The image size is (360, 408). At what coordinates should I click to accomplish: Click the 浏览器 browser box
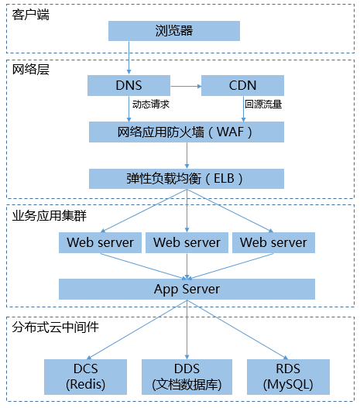click(x=174, y=31)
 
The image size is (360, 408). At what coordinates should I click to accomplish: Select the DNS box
click(x=129, y=86)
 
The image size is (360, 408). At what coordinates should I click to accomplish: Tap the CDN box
click(x=242, y=86)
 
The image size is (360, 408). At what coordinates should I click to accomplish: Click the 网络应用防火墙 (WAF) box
click(x=187, y=132)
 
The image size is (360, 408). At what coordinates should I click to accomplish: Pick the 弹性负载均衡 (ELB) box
click(x=187, y=179)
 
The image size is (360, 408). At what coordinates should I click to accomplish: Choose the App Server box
click(x=187, y=289)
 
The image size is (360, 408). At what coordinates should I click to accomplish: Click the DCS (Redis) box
click(x=86, y=377)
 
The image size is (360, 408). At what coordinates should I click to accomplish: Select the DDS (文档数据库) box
click(x=187, y=377)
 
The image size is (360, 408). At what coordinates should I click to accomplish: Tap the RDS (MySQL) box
click(x=288, y=377)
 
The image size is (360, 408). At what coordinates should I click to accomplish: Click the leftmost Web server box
click(x=100, y=243)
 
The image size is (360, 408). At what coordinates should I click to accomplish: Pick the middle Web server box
click(x=187, y=243)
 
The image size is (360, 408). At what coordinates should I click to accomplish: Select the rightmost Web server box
click(x=273, y=243)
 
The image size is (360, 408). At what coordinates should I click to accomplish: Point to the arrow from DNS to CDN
click(x=186, y=86)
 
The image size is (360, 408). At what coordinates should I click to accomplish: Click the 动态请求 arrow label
click(x=151, y=105)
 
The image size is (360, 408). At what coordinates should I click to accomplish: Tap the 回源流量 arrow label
click(x=263, y=105)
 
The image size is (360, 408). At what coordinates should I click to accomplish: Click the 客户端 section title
click(x=31, y=15)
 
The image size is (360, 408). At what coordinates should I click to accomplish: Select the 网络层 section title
click(x=31, y=70)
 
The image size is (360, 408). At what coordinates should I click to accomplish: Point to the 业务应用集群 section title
click(x=50, y=216)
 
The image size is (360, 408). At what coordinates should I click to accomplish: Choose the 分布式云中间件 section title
click(x=56, y=327)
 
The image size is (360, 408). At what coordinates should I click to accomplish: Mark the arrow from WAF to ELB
click(x=187, y=156)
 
